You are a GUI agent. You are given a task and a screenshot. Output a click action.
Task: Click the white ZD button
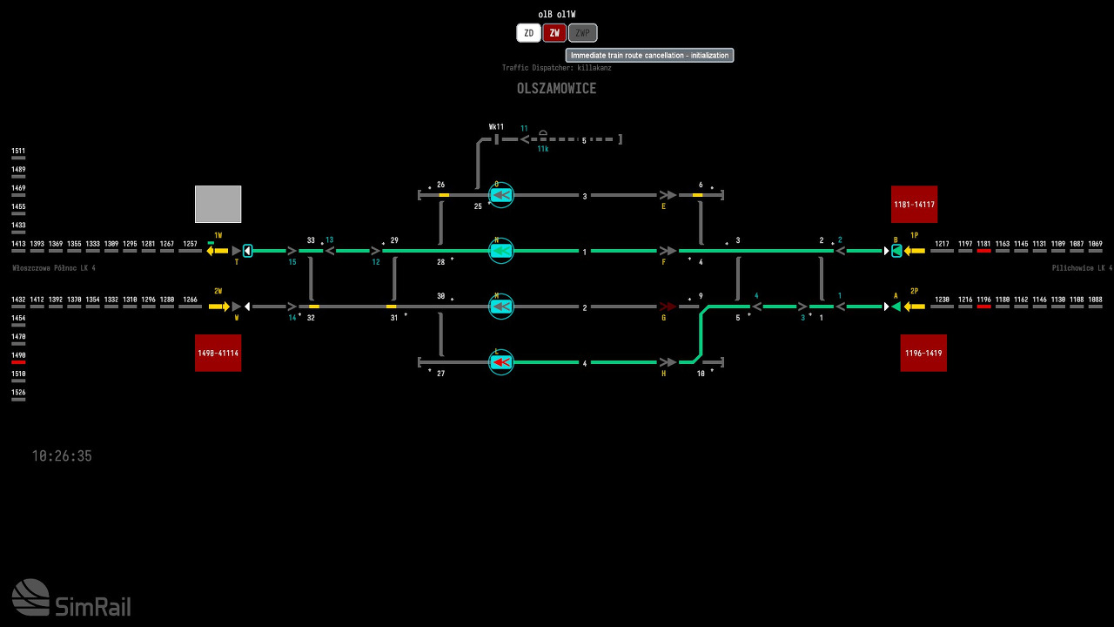(528, 33)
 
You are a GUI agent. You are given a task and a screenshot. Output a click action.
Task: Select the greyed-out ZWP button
(582, 33)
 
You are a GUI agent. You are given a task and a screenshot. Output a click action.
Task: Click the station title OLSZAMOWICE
(556, 89)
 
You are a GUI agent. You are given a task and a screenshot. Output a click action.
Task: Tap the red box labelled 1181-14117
(914, 205)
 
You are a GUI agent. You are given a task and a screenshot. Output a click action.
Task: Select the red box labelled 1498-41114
(218, 353)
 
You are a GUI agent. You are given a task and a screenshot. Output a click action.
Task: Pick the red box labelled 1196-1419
(923, 353)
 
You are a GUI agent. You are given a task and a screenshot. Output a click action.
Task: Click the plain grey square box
(218, 204)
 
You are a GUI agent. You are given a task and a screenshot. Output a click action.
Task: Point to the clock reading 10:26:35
(62, 456)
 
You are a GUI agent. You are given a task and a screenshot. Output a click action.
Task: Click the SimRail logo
(71, 598)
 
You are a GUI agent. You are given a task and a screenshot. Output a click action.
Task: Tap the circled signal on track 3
(500, 195)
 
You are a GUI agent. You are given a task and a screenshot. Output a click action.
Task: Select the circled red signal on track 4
(500, 362)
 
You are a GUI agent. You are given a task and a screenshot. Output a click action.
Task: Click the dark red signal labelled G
(668, 307)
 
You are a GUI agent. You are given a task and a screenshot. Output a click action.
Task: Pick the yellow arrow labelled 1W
(217, 251)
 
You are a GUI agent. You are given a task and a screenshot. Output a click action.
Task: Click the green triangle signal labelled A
(896, 307)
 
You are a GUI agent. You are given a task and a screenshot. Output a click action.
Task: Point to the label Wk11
(496, 127)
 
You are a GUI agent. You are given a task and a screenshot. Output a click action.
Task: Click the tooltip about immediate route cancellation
(649, 56)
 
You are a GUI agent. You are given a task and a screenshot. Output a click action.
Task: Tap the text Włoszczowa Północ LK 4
(54, 268)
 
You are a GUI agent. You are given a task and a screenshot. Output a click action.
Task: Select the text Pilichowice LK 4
(1082, 268)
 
